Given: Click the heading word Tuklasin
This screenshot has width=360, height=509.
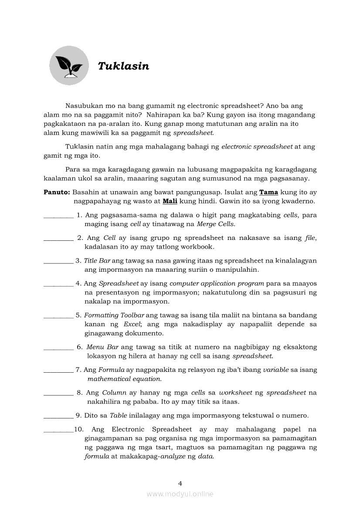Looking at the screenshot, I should [x=123, y=66].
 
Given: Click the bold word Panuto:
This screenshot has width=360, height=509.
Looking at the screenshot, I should [x=57, y=192].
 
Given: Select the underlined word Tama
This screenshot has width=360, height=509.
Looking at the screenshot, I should [x=268, y=192].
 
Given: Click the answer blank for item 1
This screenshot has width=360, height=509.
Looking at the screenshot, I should [x=58, y=215].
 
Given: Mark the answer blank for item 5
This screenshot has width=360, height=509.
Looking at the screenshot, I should [x=58, y=315].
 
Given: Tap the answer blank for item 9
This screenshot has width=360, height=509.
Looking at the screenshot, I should [x=58, y=415].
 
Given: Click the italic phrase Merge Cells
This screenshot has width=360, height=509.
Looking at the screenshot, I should [x=216, y=224].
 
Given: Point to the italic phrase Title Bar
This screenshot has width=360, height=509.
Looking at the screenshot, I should [x=97, y=261].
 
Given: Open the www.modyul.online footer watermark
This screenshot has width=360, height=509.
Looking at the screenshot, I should [x=180, y=494].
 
